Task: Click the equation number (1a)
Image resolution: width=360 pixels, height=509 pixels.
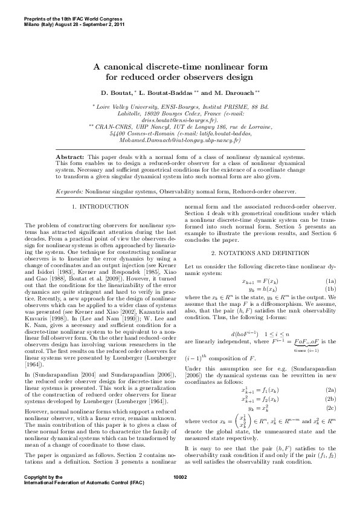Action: (330, 281)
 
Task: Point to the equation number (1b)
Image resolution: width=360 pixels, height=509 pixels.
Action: (330, 289)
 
